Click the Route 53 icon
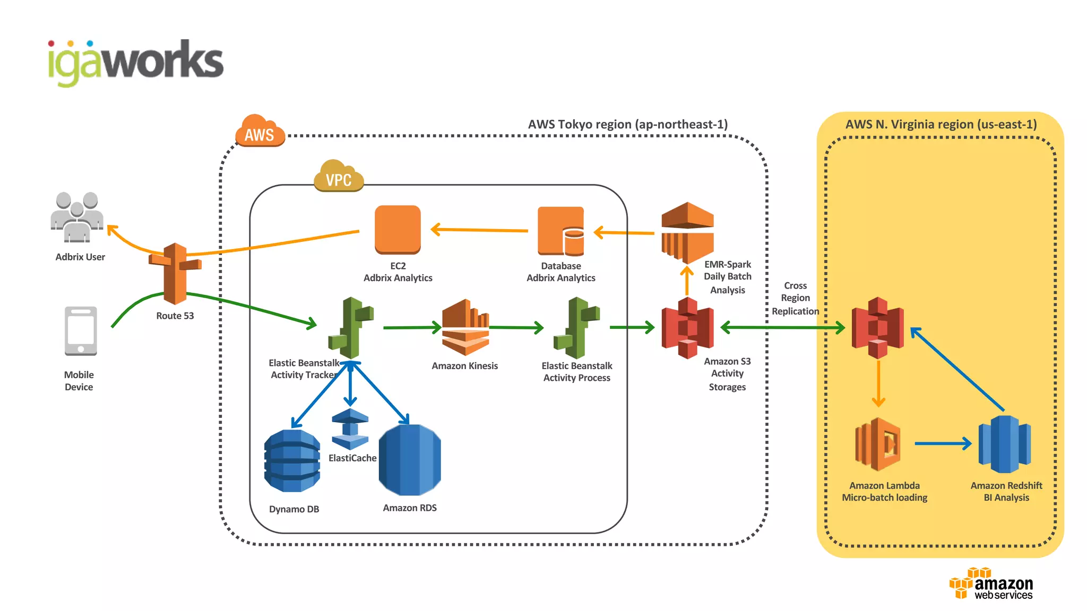175,273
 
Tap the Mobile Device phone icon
81,331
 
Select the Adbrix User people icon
77,216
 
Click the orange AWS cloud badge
260,131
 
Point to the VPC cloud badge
339,176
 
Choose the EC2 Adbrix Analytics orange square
398,230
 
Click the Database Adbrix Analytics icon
560,231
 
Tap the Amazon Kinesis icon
465,327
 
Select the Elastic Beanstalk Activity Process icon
576,328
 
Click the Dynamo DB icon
292,460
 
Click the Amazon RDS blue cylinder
410,460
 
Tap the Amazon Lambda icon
878,444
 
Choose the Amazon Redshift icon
1004,444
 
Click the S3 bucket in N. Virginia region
877,328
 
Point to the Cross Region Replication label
795,298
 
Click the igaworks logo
136,63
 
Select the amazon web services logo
991,583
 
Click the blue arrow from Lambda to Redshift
942,443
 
